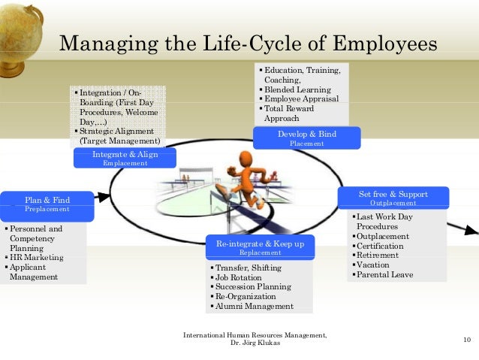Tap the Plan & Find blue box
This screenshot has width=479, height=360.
(x=47, y=204)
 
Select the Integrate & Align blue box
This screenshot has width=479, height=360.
(x=125, y=158)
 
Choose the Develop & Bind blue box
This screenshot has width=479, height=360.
(x=306, y=138)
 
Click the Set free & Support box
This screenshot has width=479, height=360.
(x=393, y=198)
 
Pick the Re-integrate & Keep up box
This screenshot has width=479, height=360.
(x=260, y=248)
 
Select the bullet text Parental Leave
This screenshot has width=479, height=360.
(x=384, y=275)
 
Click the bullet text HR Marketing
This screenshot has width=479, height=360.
(x=37, y=257)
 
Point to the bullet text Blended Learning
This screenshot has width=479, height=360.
(x=298, y=89)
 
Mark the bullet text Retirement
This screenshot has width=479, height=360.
(x=378, y=256)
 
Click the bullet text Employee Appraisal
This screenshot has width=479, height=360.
(x=301, y=99)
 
